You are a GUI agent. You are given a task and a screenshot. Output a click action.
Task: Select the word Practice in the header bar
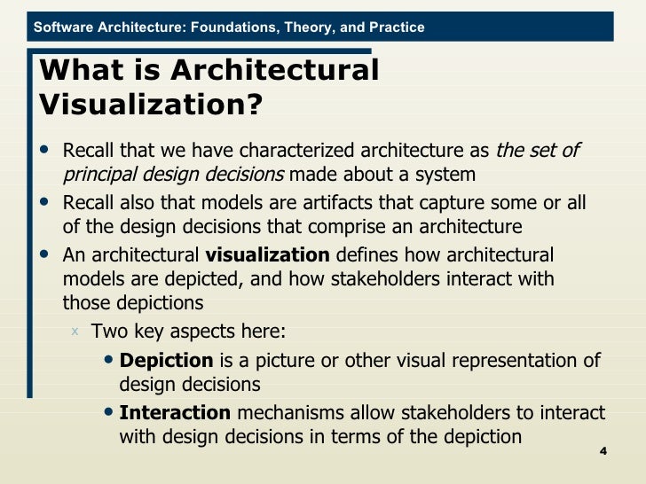click(395, 27)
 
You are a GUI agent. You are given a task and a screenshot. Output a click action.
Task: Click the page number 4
click(603, 452)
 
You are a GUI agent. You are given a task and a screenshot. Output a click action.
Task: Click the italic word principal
click(100, 174)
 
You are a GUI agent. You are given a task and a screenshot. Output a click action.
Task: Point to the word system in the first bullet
click(447, 174)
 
